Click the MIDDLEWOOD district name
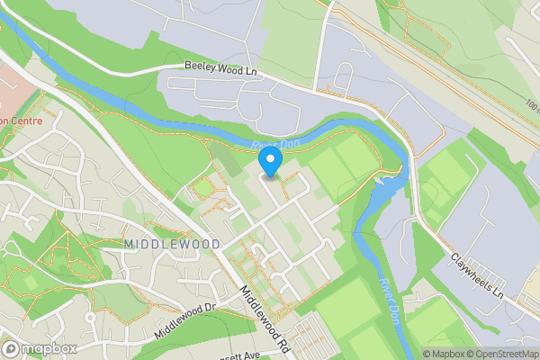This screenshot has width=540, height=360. [x=159, y=244]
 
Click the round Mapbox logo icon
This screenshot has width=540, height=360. [x=12, y=348]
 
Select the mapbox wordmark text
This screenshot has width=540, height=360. [x=49, y=348]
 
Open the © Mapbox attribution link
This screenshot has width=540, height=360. [x=446, y=354]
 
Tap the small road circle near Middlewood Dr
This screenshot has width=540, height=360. [x=91, y=318]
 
